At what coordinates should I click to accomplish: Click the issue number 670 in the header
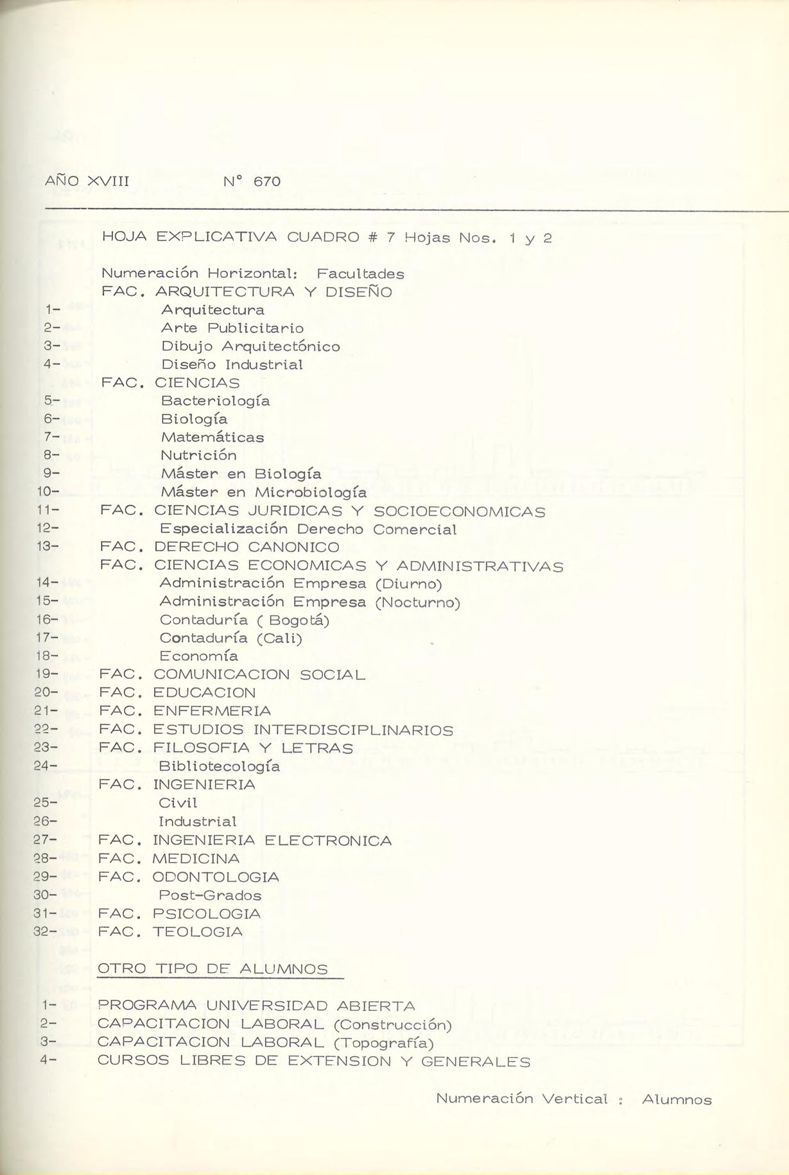point(267,182)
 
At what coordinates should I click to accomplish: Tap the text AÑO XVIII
point(87,181)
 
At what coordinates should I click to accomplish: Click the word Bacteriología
point(215,401)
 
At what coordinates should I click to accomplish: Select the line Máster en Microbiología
point(264,492)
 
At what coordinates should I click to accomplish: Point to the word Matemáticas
point(212,437)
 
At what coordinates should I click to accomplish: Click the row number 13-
point(47,547)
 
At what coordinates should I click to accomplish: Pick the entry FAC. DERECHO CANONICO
point(220,547)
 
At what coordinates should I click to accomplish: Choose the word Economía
point(198,656)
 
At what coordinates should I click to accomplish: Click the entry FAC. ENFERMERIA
point(185,711)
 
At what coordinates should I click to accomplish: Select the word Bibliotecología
point(219,766)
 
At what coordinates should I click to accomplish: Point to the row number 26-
point(45,821)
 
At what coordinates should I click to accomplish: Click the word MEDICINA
point(196,859)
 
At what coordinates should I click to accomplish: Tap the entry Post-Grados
point(210,895)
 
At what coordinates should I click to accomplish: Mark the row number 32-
point(45,932)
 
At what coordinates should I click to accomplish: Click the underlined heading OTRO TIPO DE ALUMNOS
point(212,969)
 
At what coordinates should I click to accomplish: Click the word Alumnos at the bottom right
point(677,1100)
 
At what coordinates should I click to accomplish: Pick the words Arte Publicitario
point(232,328)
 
